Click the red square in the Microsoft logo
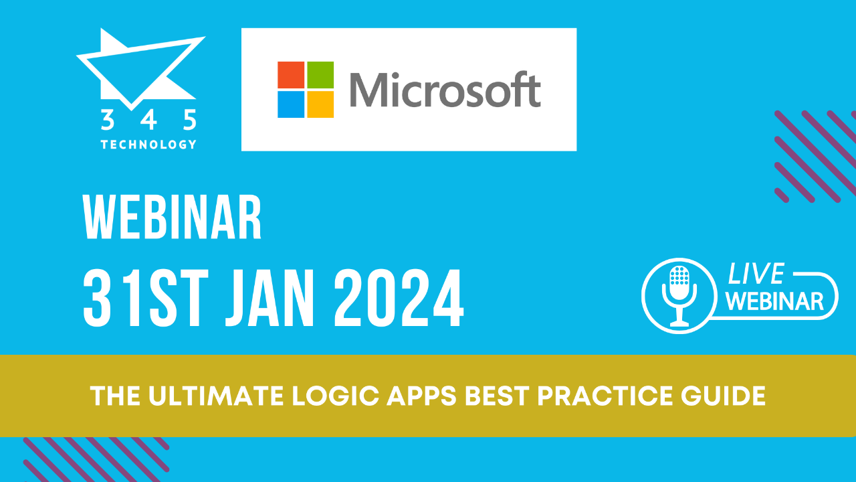coord(292,75)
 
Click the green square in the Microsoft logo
coord(320,75)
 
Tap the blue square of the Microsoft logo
coord(292,104)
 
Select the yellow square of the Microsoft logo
coord(320,104)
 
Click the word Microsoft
coord(445,90)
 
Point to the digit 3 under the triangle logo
coord(107,120)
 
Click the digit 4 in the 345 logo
coord(149,120)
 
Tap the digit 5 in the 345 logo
coord(190,120)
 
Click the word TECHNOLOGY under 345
coord(148,144)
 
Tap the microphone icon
coord(679,295)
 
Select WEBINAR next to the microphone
coord(774,301)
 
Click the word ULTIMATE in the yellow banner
coord(204,396)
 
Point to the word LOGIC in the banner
coord(311,396)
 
